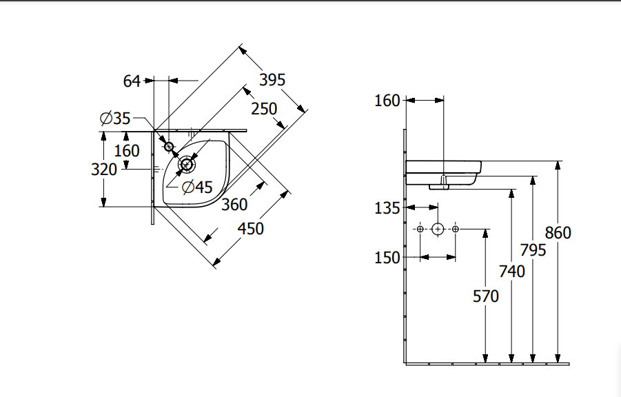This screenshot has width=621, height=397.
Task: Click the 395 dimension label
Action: (272, 80)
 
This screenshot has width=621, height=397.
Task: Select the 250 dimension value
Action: (264, 109)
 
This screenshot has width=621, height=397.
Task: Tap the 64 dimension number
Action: (132, 81)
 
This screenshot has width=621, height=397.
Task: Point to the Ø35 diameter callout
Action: (115, 118)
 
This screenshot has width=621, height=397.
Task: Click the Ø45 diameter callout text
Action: (197, 187)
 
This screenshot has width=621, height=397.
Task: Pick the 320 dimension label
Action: (104, 170)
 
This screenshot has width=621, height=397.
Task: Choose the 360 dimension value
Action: (234, 205)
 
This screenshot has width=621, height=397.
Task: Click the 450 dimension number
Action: (250, 229)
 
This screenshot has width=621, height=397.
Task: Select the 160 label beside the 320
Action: (127, 151)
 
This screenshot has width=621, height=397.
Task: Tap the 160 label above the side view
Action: (387, 101)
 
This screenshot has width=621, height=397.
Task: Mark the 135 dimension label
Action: (387, 208)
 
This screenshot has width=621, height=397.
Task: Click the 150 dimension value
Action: (387, 258)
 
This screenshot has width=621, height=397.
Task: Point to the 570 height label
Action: (485, 296)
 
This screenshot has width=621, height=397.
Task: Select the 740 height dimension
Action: (511, 272)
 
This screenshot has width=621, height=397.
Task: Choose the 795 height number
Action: (533, 250)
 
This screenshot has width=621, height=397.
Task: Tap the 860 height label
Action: (558, 233)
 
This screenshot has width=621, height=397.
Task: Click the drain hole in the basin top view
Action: (186, 164)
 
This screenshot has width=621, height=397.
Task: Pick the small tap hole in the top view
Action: (169, 147)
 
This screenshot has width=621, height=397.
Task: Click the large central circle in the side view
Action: (438, 229)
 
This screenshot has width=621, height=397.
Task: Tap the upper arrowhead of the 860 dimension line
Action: (558, 165)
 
